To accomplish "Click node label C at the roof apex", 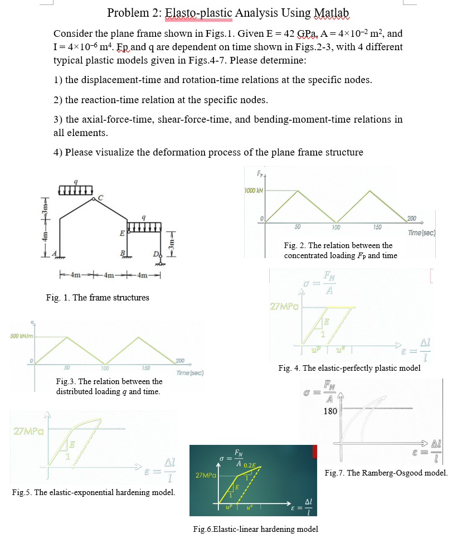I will [100, 197].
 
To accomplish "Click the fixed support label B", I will [123, 255].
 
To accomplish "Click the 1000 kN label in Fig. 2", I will [254, 191].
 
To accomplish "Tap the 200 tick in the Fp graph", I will [412, 218].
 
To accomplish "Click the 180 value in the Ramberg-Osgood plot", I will [330, 411].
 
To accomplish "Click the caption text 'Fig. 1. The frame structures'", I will [98, 298].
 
